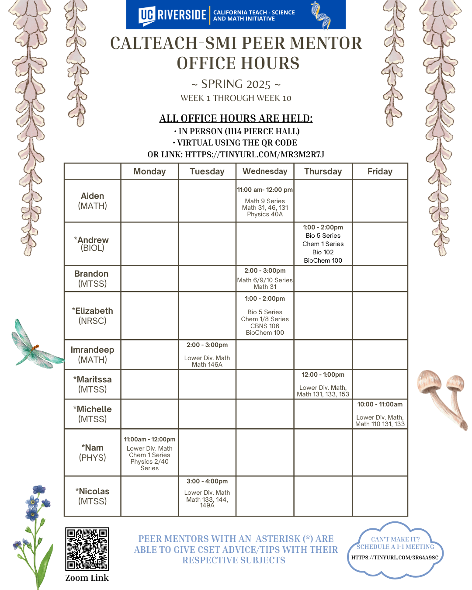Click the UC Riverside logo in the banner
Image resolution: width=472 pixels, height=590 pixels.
[172, 15]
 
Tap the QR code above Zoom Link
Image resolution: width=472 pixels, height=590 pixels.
[87, 549]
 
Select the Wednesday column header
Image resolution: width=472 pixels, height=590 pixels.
[265, 171]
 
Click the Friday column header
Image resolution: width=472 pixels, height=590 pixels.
[380, 171]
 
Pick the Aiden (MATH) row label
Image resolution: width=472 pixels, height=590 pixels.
[93, 201]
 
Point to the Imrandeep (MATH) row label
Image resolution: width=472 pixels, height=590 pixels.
[93, 354]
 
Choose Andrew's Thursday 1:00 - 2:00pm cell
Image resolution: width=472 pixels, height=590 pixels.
[323, 243]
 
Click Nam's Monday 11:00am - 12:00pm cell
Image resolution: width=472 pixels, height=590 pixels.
[149, 453]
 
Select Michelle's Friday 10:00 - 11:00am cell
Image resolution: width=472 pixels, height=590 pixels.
[380, 414]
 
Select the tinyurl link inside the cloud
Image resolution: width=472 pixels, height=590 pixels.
[395, 557]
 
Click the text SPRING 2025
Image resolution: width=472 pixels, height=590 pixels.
[236, 84]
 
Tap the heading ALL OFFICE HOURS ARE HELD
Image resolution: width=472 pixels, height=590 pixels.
[236, 118]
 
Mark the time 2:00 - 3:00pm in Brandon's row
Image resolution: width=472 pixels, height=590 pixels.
[265, 271]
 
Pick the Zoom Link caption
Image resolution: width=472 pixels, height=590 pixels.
[87, 578]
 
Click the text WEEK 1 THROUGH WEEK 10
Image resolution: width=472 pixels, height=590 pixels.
[236, 98]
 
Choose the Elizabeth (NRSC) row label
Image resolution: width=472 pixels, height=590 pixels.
[93, 316]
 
